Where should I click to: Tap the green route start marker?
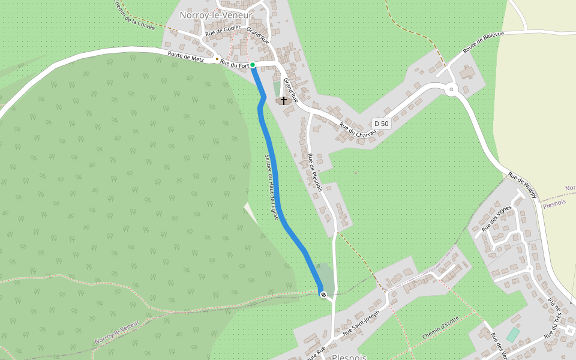click(253, 65)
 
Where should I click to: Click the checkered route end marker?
click(323, 295)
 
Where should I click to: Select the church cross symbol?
click(284, 100)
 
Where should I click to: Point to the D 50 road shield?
click(382, 124)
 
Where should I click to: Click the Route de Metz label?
click(185, 57)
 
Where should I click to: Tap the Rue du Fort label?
click(234, 62)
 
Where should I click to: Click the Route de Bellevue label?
click(483, 43)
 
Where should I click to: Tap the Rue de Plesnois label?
click(314, 172)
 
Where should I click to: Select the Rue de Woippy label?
click(523, 185)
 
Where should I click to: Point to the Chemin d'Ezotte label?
click(440, 328)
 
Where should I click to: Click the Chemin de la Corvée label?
click(133, 14)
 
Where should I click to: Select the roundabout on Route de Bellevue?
click(451, 90)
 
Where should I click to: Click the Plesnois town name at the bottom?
click(349, 356)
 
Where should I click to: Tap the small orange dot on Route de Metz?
click(217, 59)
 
